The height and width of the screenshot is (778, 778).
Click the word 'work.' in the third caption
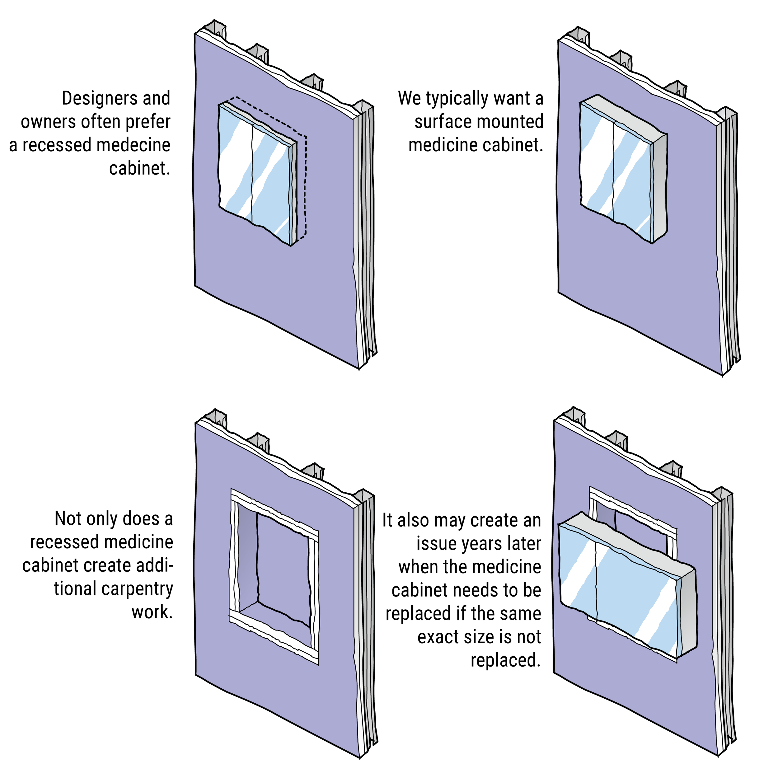click(x=152, y=612)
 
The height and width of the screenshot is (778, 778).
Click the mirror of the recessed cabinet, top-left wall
click(x=254, y=173)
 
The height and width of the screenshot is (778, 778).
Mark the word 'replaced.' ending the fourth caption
click(x=505, y=660)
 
